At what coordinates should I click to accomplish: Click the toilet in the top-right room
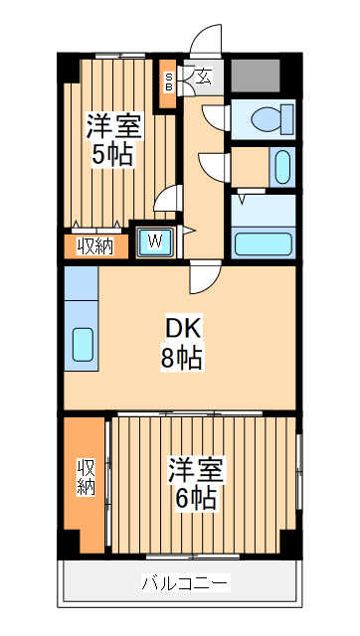pyautogui.click(x=271, y=120)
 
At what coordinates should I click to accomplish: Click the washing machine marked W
pyautogui.click(x=156, y=239)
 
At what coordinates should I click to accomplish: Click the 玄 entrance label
pyautogui.click(x=202, y=76)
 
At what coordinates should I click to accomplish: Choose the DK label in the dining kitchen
pyautogui.click(x=182, y=326)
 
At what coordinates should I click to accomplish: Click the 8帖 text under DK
pyautogui.click(x=182, y=357)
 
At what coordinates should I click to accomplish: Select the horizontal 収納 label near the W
pyautogui.click(x=96, y=242)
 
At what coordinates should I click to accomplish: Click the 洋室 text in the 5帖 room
pyautogui.click(x=113, y=126)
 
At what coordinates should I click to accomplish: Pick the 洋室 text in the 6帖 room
pyautogui.click(x=196, y=467)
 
